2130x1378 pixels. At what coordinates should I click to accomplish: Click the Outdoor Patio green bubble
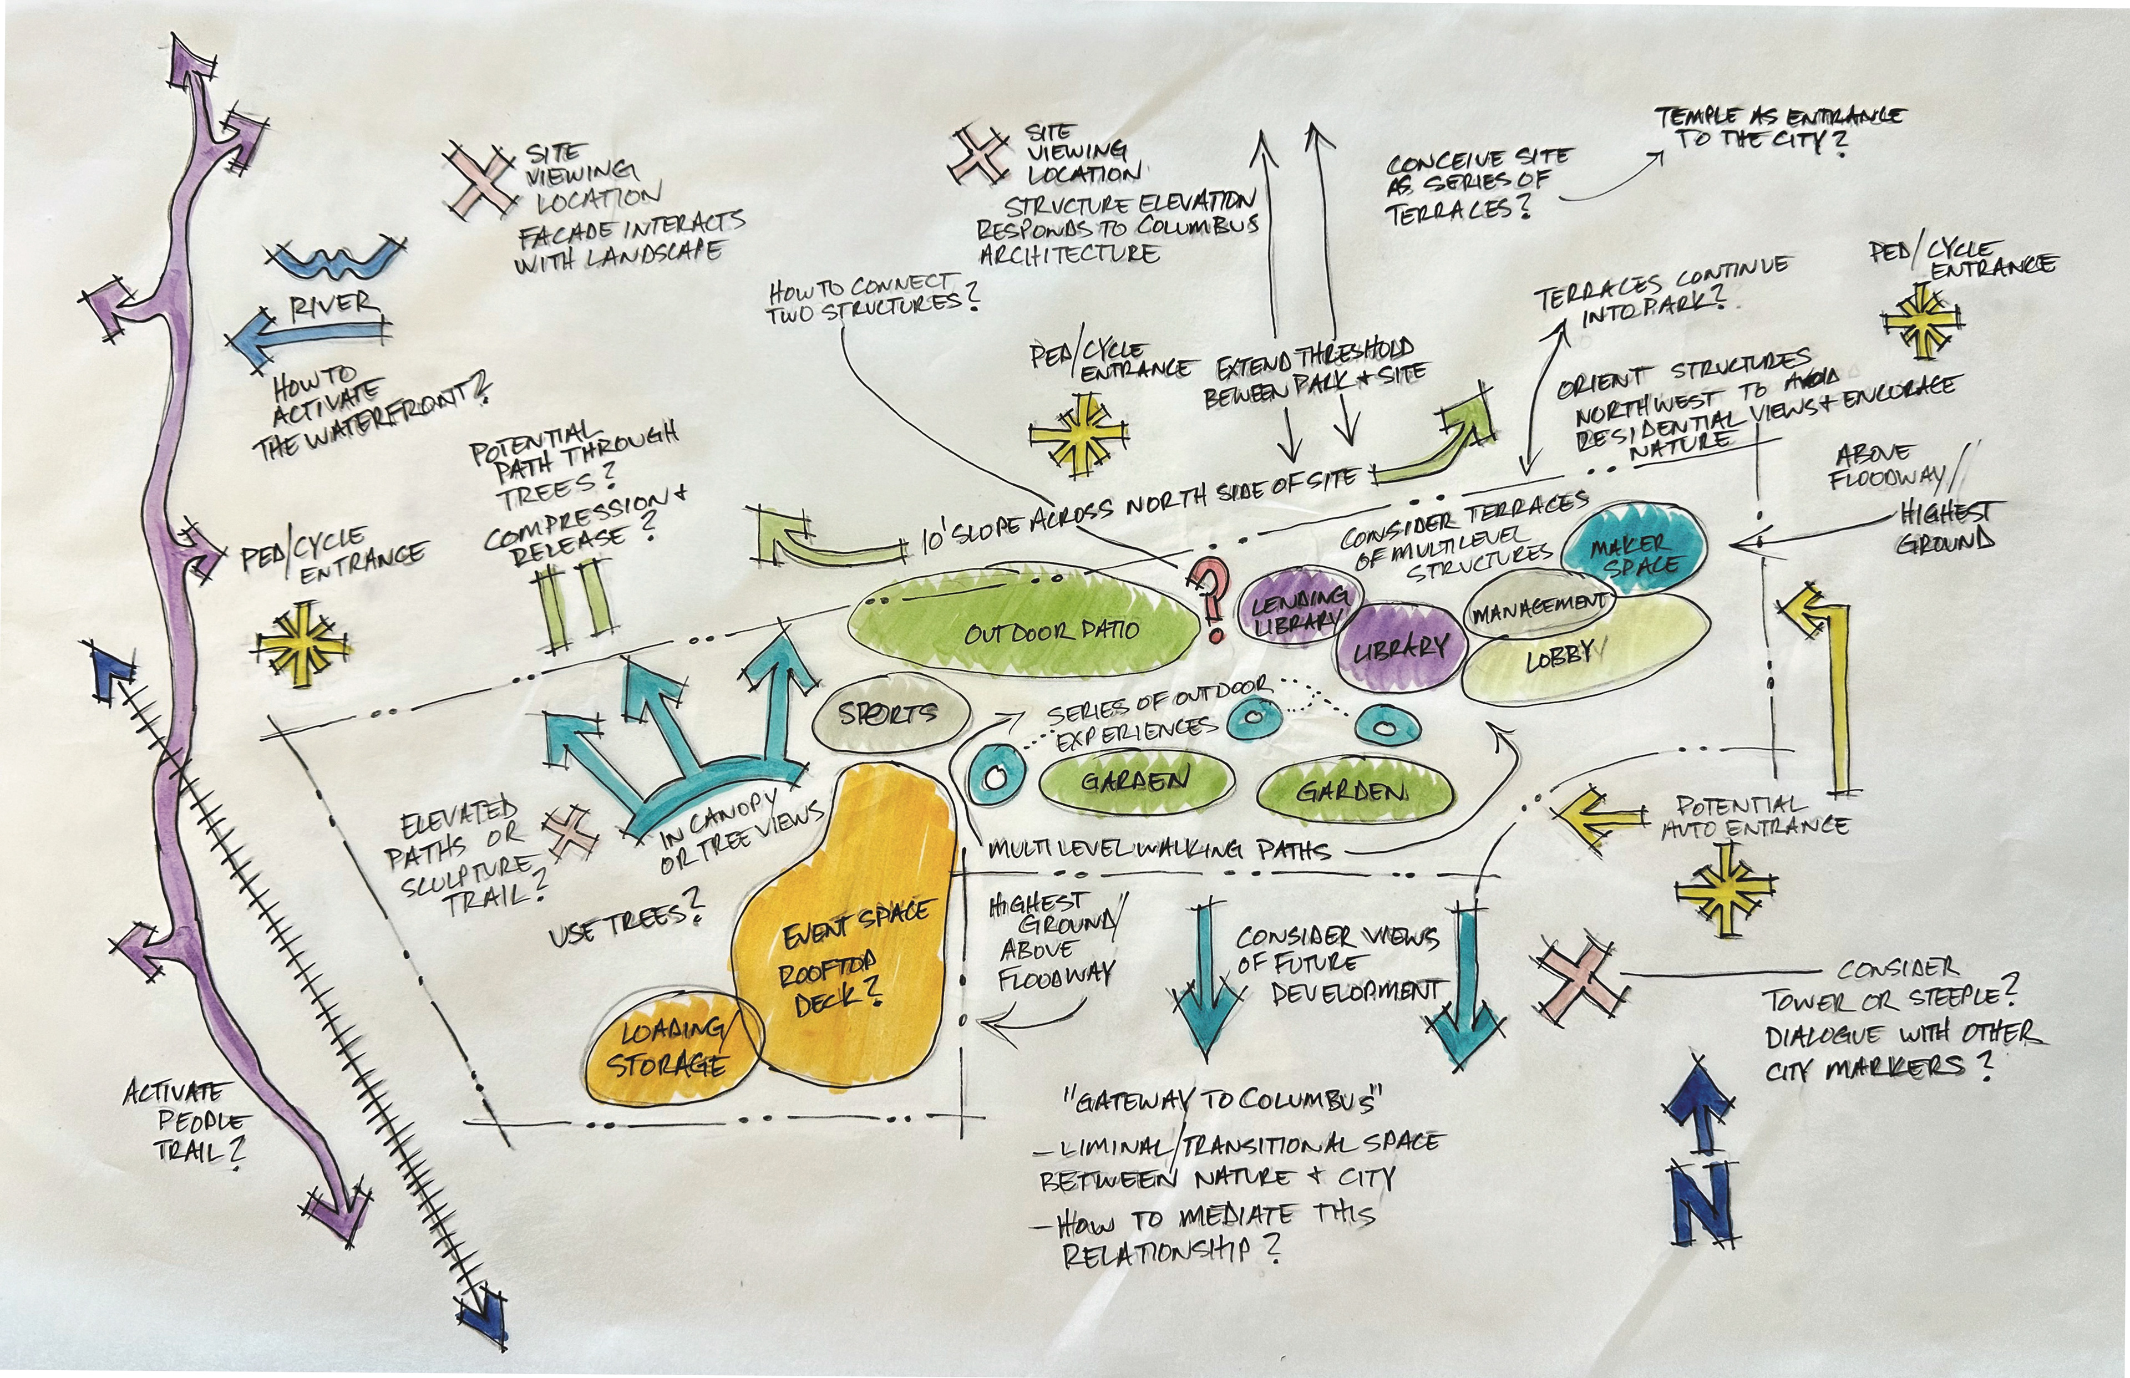tap(1025, 631)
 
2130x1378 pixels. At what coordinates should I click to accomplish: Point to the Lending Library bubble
tap(1297, 608)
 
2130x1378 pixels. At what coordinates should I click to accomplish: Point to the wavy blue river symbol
tap(336, 260)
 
